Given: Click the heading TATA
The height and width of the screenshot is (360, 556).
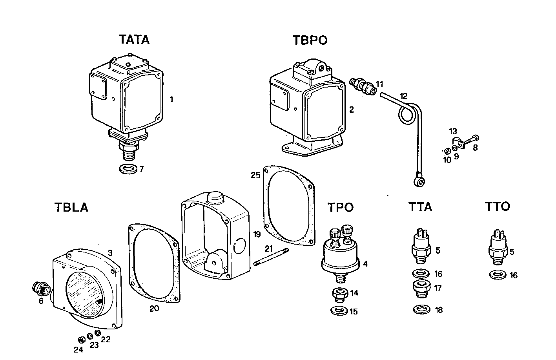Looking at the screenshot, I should (x=134, y=40).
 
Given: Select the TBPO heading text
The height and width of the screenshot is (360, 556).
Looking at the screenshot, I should (x=310, y=40).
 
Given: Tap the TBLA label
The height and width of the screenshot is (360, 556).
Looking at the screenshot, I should (x=71, y=207).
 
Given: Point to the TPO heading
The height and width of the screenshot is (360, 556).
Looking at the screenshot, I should (x=341, y=207).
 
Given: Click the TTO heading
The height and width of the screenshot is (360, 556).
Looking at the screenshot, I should (x=497, y=206).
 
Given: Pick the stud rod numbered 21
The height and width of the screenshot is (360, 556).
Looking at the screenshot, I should (x=271, y=257).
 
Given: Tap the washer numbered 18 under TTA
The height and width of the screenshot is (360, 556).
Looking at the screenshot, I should (x=421, y=310).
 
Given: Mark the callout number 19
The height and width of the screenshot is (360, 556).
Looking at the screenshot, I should (x=257, y=235).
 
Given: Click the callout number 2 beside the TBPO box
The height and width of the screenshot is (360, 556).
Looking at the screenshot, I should (x=352, y=110).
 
